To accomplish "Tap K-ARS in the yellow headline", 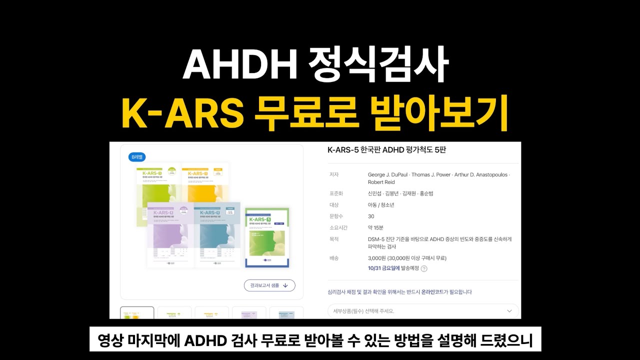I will click(182, 114).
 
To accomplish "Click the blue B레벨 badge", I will click(137, 157).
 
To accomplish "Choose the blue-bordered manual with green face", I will click(267, 237).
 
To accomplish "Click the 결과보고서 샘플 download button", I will click(269, 285).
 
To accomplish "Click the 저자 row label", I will click(333, 174).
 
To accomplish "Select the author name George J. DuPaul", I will click(387, 174).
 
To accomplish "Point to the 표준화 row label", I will click(335, 193).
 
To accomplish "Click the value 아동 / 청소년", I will click(381, 205).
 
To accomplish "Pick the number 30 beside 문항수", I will click(371, 216).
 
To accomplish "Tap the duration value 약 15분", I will click(375, 228).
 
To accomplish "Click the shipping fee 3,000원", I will click(377, 258).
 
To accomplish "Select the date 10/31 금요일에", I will click(383, 268).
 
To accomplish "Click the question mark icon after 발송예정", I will click(424, 268).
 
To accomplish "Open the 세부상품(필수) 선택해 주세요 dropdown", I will click(423, 311).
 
